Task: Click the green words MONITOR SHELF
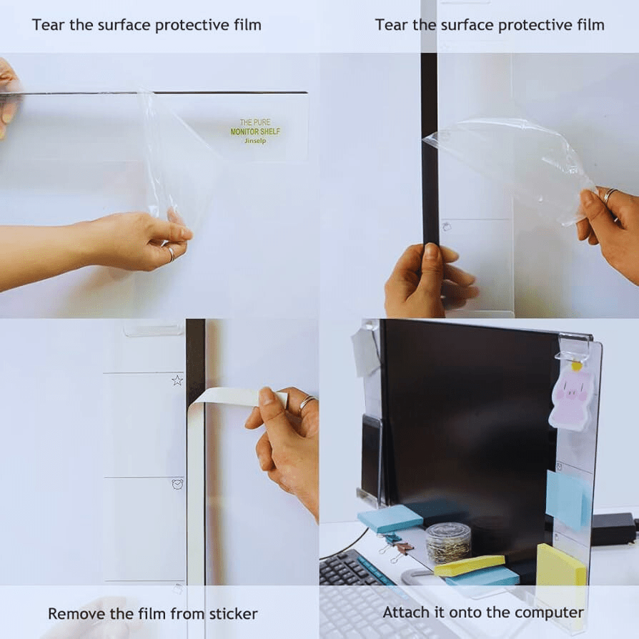(255, 132)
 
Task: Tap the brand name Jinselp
(255, 141)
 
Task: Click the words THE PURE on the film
(255, 122)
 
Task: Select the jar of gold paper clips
(448, 543)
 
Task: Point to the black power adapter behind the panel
(613, 528)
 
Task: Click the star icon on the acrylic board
(177, 380)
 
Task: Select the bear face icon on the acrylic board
(177, 484)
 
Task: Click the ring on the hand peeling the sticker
(307, 402)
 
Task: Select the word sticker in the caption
(234, 613)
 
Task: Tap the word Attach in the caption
(405, 612)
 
